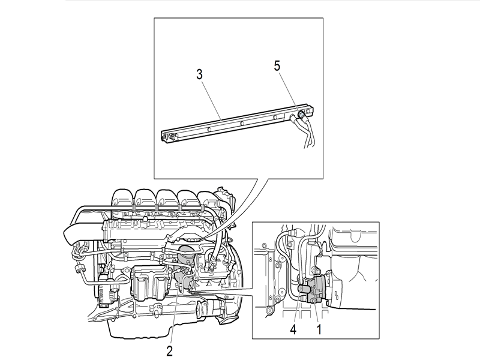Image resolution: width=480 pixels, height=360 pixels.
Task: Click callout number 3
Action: pos(200,74)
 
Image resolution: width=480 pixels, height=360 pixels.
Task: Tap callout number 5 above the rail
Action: pos(277,66)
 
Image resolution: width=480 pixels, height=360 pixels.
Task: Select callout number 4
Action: pos(293,329)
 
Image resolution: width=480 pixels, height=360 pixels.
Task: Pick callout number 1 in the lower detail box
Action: pos(319,329)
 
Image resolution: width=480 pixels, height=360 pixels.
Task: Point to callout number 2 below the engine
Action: pos(170,350)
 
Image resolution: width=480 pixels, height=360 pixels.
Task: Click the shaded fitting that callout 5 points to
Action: pos(302,114)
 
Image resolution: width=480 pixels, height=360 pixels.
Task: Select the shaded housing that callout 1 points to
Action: pos(319,289)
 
